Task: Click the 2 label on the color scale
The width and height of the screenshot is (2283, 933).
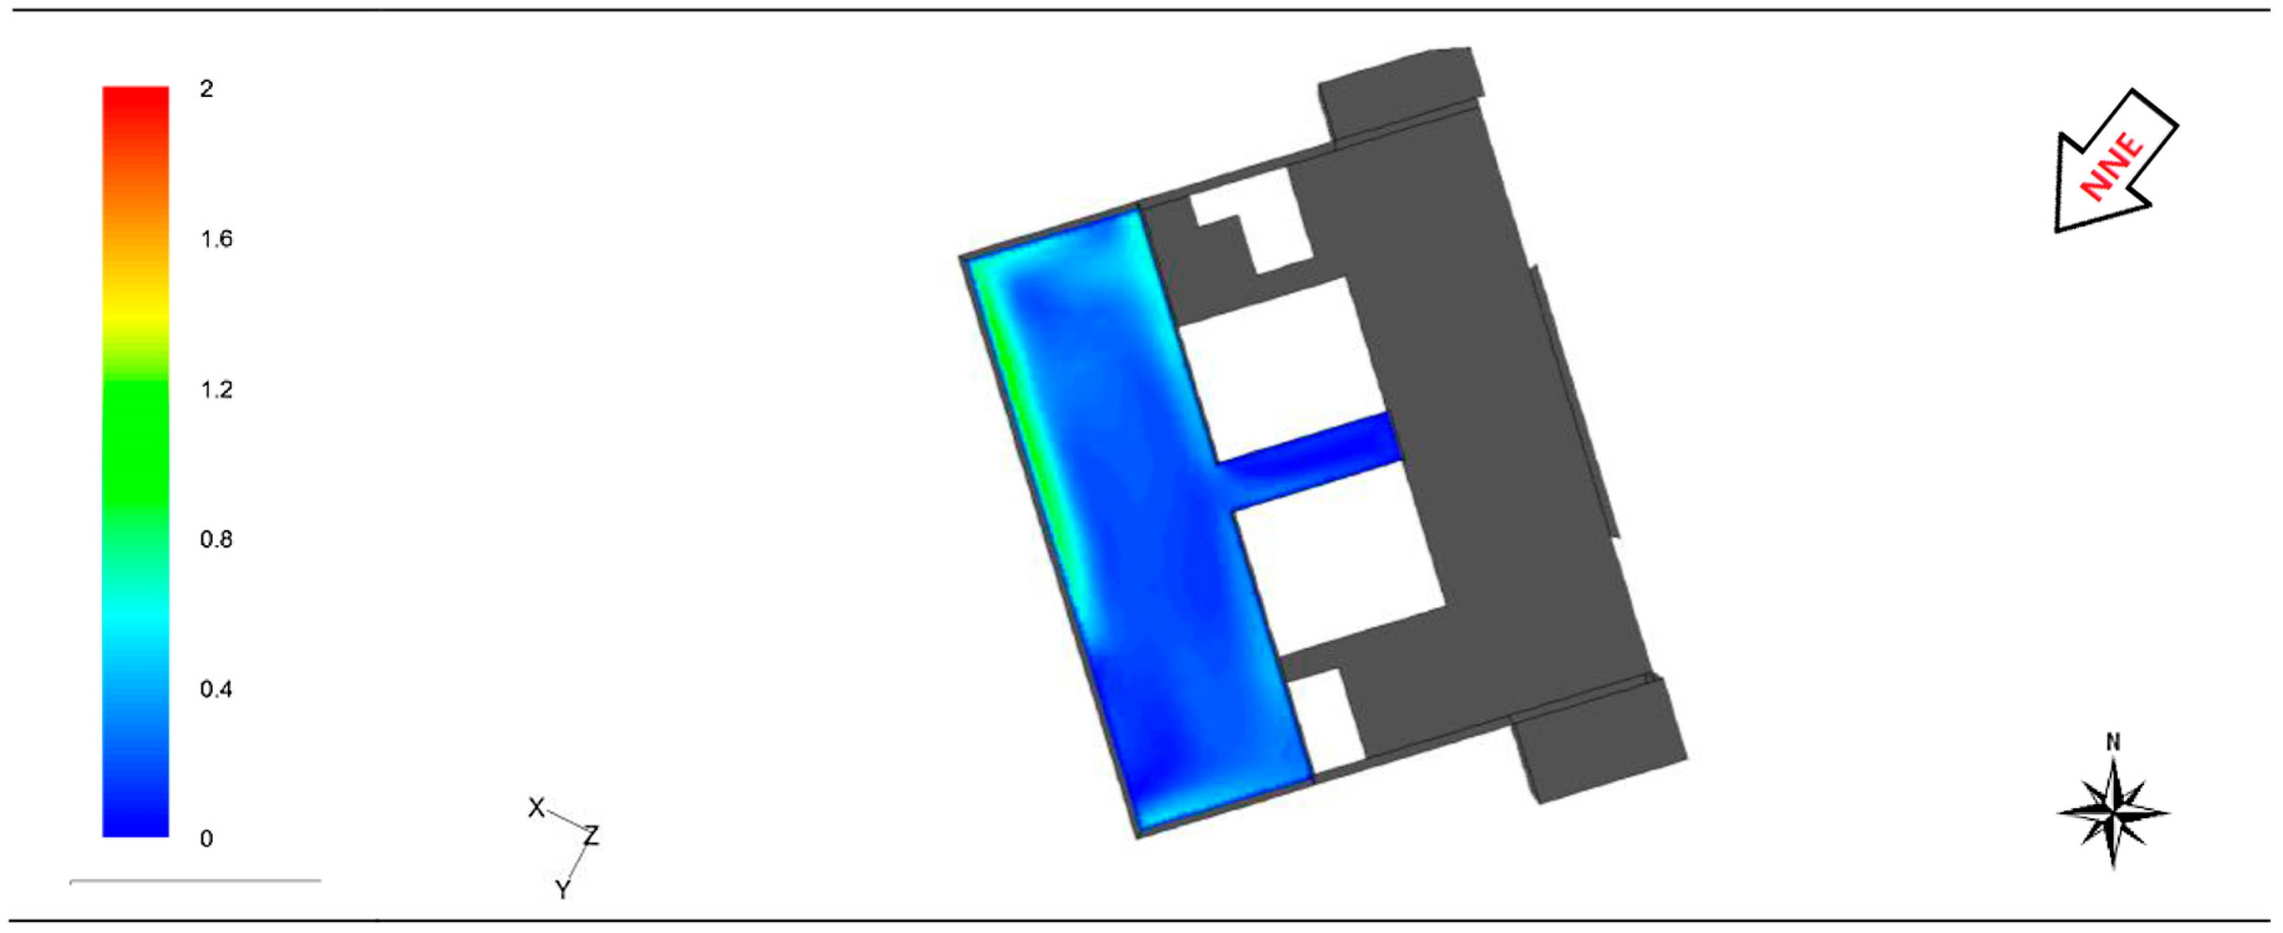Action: (x=206, y=88)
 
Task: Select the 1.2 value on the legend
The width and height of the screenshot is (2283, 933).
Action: (x=216, y=390)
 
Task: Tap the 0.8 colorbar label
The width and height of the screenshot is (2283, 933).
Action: (x=216, y=540)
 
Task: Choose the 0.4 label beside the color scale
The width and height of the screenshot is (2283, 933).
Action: (x=216, y=689)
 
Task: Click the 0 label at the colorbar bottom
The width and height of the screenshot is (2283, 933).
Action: (x=206, y=839)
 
